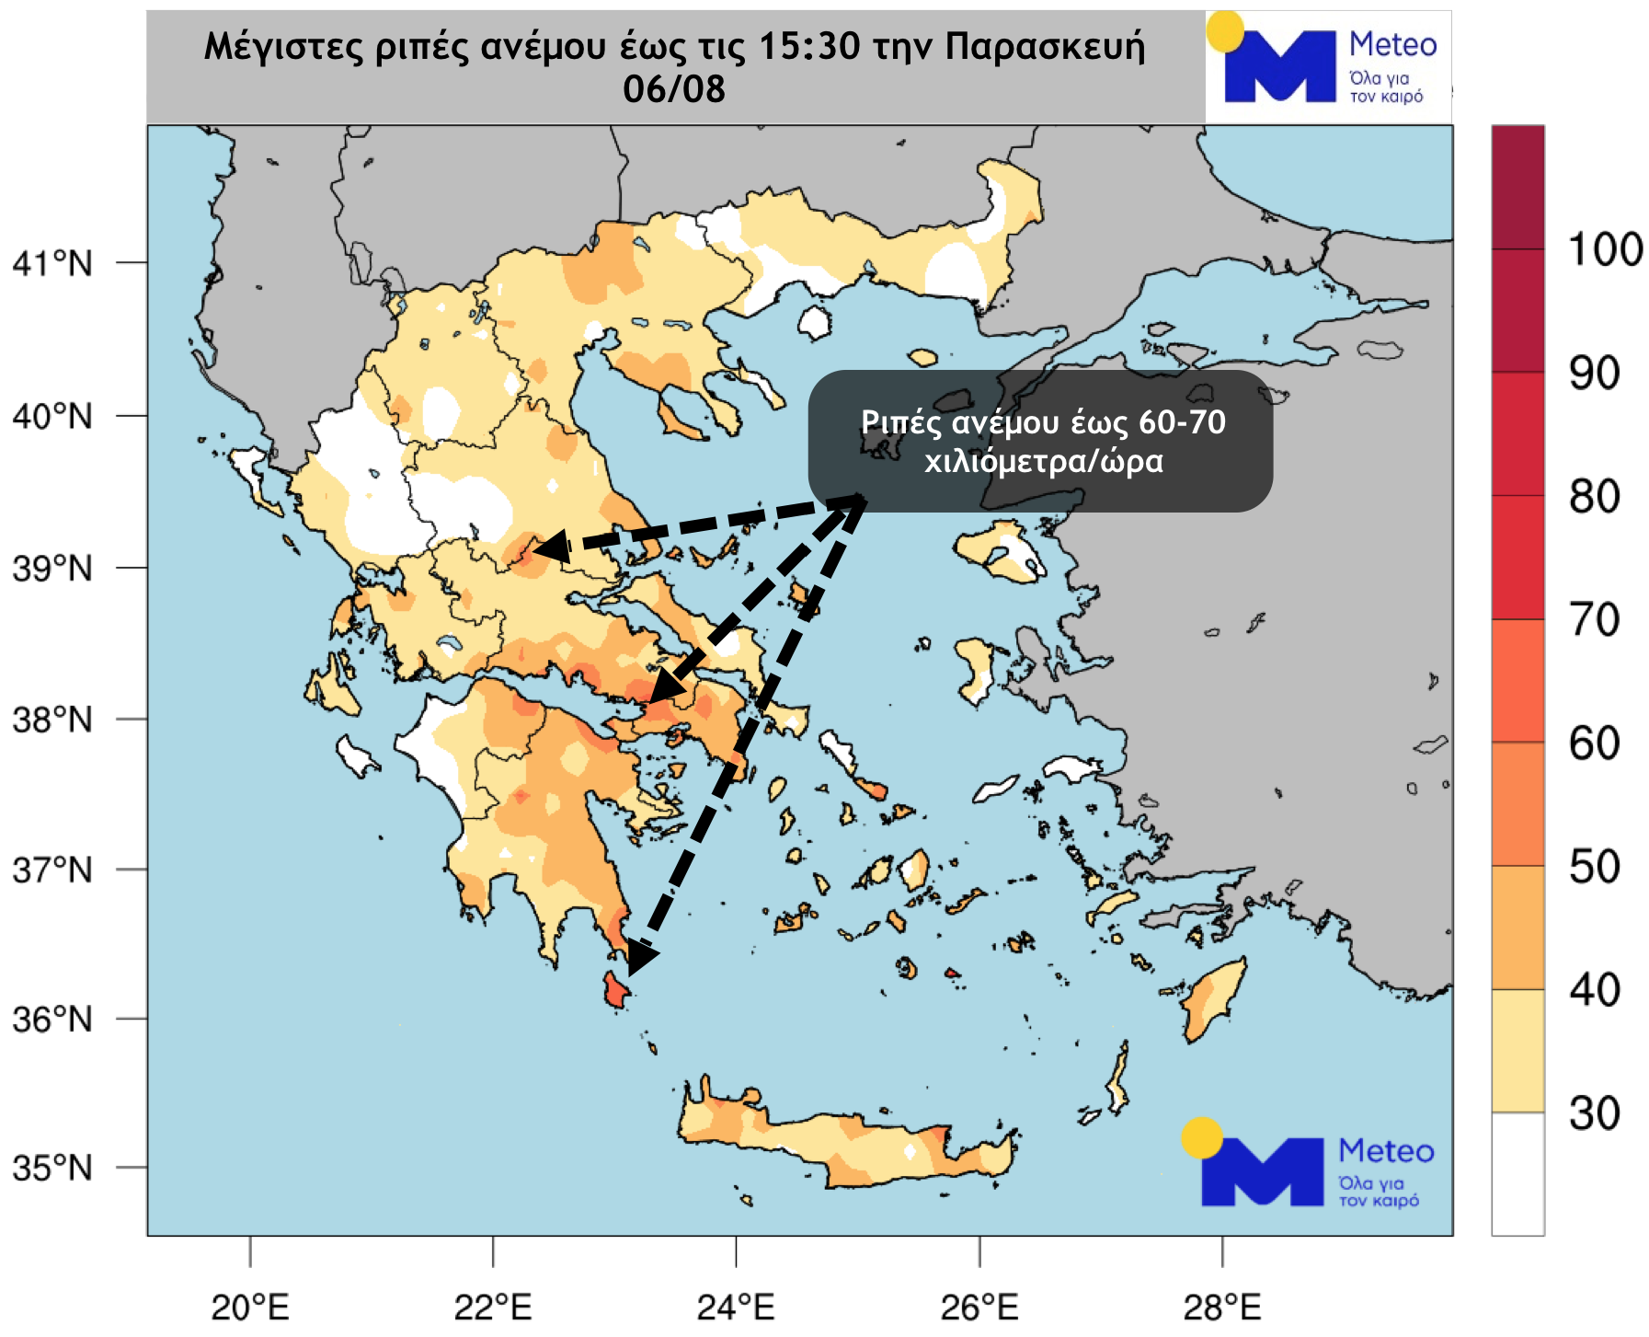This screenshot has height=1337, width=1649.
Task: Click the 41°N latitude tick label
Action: [x=52, y=264]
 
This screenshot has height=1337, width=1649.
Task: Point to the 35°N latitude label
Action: [x=52, y=1168]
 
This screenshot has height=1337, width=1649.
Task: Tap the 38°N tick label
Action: [x=52, y=720]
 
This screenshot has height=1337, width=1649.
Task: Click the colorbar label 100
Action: [x=1605, y=249]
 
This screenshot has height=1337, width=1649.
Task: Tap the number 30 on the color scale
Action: [x=1595, y=1113]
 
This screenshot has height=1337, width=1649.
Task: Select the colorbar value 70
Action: [x=1595, y=620]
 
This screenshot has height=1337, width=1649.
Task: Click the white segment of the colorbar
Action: [x=1517, y=1173]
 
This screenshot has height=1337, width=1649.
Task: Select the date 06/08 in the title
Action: [x=674, y=89]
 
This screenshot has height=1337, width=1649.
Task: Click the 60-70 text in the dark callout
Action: [x=1182, y=422]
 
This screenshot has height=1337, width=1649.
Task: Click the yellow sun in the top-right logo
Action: [x=1225, y=32]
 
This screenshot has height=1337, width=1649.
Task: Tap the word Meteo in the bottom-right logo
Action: [x=1386, y=1151]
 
